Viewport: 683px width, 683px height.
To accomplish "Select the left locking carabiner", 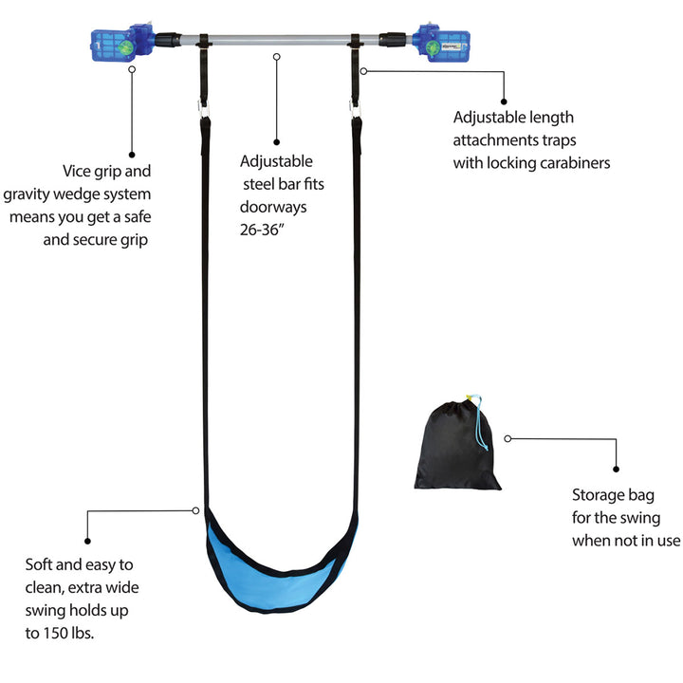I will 204,115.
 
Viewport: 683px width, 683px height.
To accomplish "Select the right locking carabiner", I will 358,116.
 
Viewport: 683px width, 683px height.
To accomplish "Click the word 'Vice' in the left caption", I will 79,172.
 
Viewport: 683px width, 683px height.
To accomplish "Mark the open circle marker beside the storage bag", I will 508,438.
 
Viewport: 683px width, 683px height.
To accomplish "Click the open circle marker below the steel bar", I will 276,57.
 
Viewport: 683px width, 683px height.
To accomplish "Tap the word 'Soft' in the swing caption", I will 43,563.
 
